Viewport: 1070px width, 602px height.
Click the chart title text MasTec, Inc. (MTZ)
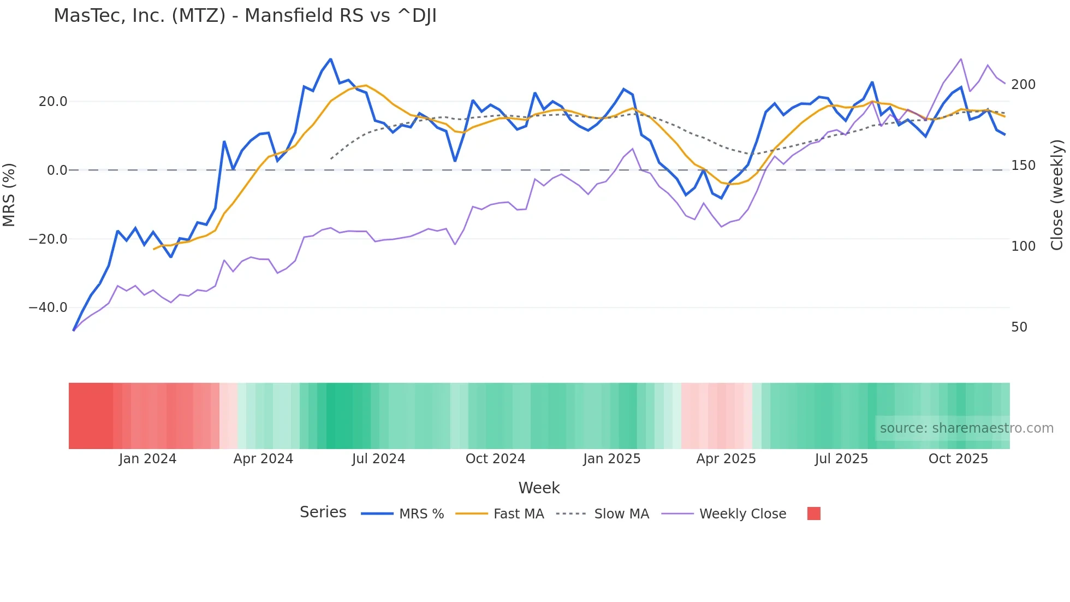(x=139, y=16)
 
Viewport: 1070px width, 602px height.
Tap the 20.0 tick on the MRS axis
(x=53, y=102)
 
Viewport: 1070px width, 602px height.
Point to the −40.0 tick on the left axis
(x=48, y=308)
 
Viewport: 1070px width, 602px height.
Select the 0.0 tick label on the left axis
(x=57, y=170)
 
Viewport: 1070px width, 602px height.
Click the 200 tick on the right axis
(x=1023, y=85)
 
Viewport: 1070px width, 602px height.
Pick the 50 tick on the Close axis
(x=1019, y=327)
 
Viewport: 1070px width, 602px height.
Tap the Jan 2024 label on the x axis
(x=147, y=459)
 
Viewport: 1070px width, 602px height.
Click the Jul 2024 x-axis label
(x=378, y=459)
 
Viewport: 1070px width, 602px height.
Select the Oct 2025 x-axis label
(x=958, y=459)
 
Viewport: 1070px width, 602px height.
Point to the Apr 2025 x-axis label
(x=726, y=459)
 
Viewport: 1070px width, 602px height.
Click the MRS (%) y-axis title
(x=9, y=194)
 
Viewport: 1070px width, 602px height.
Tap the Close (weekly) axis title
(x=1057, y=195)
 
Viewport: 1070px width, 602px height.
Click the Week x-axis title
(x=539, y=488)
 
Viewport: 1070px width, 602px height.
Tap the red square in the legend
(x=813, y=514)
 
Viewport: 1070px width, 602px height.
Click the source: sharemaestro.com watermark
(x=966, y=428)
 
